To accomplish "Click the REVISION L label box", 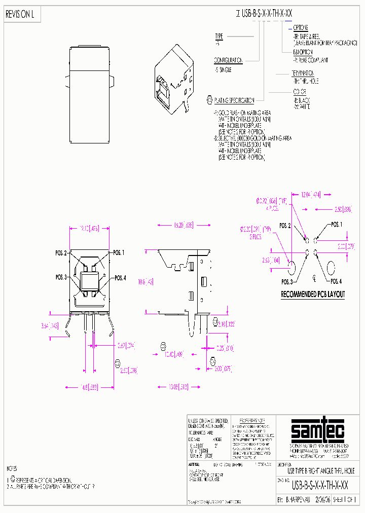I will (20, 15).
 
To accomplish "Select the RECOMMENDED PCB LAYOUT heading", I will (313, 294).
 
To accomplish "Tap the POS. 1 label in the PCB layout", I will (337, 224).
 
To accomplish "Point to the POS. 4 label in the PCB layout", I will (336, 281).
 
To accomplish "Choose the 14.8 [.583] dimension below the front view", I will (88, 388).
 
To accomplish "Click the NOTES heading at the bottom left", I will (11, 468).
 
